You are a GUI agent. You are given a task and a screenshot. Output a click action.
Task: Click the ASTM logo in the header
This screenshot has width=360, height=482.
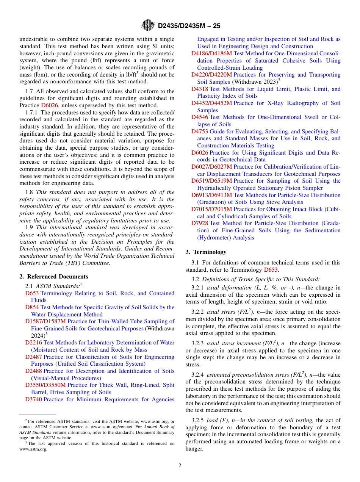[x=148, y=25]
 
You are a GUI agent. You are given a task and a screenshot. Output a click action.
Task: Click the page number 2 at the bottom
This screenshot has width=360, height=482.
[x=180, y=466]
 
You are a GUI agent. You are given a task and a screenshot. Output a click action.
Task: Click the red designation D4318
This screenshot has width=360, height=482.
[x=199, y=89]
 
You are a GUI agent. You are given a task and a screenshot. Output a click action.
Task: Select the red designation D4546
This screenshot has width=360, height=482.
[x=199, y=117]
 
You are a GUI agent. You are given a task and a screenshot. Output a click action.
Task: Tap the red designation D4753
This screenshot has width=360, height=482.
[x=199, y=131]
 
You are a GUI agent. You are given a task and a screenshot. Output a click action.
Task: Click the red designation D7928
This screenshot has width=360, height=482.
[x=199, y=224]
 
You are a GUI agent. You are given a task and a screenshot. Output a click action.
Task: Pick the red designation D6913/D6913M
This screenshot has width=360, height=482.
[x=211, y=195]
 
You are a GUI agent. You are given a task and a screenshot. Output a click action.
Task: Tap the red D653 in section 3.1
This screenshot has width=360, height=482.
[x=271, y=270]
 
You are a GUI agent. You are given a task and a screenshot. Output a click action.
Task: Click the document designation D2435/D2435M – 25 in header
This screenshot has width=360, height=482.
[x=189, y=26]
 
